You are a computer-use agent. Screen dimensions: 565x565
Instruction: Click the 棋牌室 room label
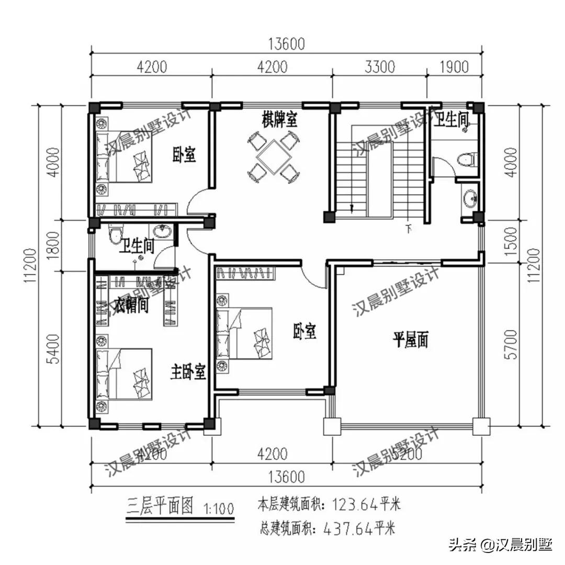(280, 120)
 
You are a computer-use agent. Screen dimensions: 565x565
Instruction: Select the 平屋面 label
(411, 341)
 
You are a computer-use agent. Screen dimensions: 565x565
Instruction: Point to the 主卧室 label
(188, 372)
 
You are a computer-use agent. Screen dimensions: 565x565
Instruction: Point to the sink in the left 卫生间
(163, 231)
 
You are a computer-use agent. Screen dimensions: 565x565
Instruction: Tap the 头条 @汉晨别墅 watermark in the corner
(500, 545)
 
